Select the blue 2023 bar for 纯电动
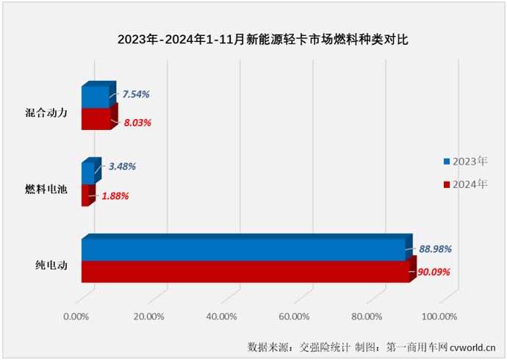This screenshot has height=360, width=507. tap(242, 251)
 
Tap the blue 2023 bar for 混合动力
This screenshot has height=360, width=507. tap(94, 97)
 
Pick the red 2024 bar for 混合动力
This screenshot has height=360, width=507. tap(95, 118)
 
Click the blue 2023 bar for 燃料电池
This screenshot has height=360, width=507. tap(87, 173)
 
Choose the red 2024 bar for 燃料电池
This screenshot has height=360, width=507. tap(84, 195)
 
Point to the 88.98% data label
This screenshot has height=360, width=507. tap(435, 250)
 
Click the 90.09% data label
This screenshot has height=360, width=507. tap(435, 272)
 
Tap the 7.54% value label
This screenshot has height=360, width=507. tap(136, 94)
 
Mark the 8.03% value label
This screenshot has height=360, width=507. tap(137, 123)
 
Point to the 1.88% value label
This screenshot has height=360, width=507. tap(114, 196)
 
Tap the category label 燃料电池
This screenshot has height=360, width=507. tap(46, 190)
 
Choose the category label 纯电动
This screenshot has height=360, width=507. tap(52, 266)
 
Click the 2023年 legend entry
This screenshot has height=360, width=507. tap(465, 161)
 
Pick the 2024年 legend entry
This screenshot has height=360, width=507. tap(465, 184)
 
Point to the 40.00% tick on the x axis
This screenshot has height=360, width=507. tap(221, 317)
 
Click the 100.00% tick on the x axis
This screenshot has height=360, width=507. tap(438, 317)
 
